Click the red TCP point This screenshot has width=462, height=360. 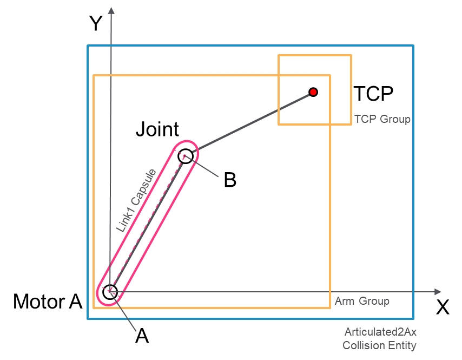coord(313,92)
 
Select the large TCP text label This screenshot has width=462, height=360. coord(373,94)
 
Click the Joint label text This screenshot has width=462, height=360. coord(157,129)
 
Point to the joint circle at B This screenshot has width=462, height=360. coord(185,155)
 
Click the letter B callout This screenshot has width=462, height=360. coord(230,180)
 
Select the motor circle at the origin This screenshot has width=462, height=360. coord(110,292)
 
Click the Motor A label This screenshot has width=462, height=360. coord(48,302)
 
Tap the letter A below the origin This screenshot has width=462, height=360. coord(142,336)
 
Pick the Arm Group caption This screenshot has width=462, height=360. coord(362,301)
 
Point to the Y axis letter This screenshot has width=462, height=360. coord(96,23)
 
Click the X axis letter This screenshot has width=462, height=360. coord(443,307)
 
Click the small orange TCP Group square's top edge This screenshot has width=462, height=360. coord(315,55)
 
